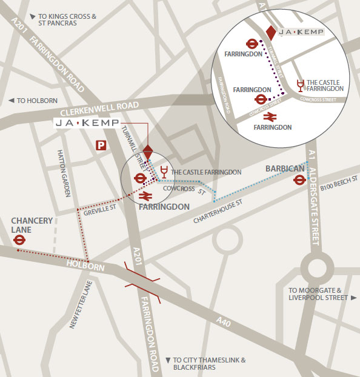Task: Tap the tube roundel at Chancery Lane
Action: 19,240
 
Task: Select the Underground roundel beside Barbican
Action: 299,179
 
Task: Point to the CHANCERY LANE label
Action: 31,225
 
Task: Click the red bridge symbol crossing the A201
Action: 142,279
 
